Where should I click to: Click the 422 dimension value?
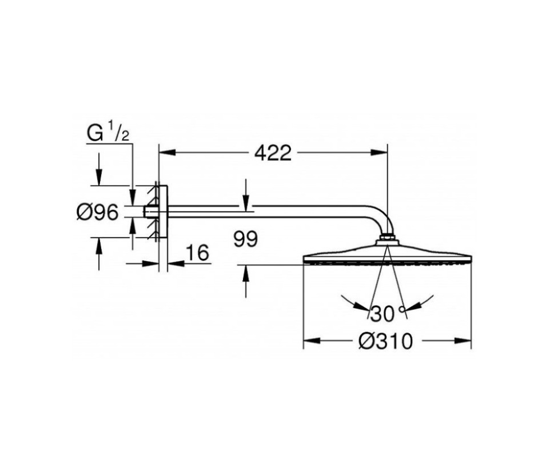(x=273, y=153)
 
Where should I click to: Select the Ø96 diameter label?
(x=97, y=213)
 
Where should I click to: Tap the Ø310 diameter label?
(x=385, y=342)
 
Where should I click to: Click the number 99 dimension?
(x=245, y=239)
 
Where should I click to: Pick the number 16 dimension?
(x=197, y=253)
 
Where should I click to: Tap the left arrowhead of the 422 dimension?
(x=168, y=152)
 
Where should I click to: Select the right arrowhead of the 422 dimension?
(x=379, y=152)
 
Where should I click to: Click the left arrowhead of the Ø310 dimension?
(x=312, y=341)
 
